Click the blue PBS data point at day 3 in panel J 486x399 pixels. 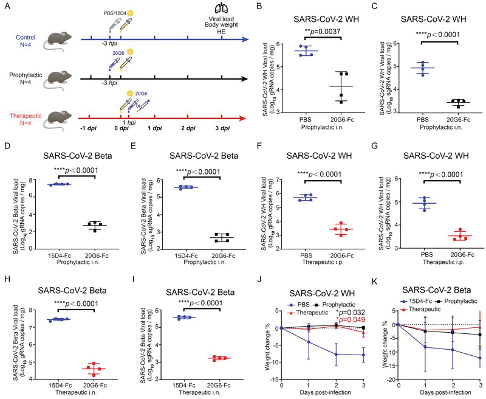363,355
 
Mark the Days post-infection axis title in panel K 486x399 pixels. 439,395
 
